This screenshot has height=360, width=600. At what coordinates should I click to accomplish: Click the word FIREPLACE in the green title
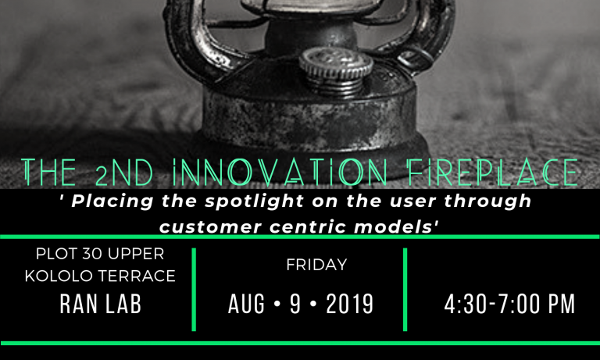coord(492,172)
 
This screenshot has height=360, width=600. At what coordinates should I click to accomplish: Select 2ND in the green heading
coord(124,173)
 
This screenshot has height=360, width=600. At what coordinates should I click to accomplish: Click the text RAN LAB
coord(101,304)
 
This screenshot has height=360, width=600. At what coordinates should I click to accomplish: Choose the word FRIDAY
coord(316,265)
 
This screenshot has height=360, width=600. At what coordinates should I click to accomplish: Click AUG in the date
coord(246,304)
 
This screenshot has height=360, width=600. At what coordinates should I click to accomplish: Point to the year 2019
coord(350,304)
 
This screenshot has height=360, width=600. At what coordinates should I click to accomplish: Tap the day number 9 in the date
coord(295,304)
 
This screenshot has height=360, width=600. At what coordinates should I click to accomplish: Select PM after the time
coord(562,304)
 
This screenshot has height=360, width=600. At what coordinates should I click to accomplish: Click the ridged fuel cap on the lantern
coord(336,71)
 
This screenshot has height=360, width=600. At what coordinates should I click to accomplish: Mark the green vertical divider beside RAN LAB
coord(194,289)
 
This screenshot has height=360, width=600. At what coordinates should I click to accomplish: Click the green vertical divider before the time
coord(405,289)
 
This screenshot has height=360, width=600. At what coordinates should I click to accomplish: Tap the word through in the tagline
coord(487,201)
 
